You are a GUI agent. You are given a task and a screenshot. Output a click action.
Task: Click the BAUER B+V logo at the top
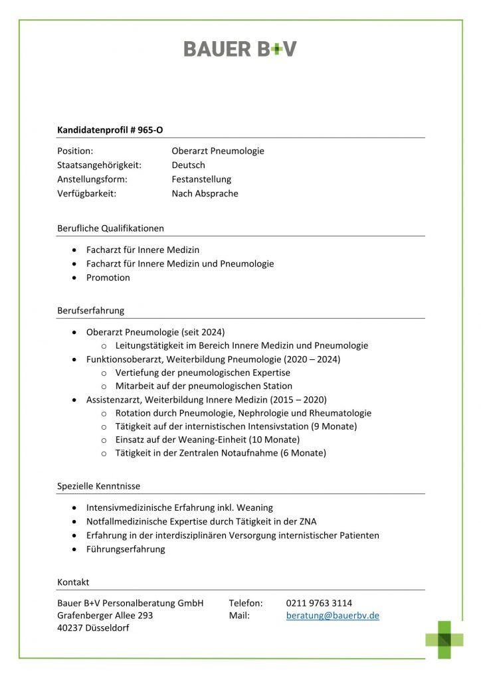(x=240, y=48)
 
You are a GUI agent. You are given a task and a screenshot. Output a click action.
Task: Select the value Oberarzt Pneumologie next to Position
(x=217, y=151)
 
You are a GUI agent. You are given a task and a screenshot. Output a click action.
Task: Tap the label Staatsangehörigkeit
(x=99, y=165)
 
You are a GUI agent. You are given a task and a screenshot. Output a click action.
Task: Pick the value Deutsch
(x=188, y=165)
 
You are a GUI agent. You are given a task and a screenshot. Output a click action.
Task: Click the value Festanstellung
(x=201, y=179)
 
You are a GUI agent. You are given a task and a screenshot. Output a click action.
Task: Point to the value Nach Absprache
(x=205, y=193)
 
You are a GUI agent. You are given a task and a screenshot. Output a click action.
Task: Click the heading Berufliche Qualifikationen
(x=110, y=228)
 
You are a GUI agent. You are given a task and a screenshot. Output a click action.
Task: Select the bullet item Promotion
(x=108, y=278)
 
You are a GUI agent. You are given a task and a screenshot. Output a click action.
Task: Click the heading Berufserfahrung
(x=90, y=310)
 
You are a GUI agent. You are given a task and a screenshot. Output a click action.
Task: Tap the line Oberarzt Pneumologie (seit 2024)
(x=155, y=331)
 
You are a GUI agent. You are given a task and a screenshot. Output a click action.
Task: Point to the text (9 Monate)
(x=332, y=426)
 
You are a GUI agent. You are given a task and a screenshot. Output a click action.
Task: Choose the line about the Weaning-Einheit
(x=207, y=440)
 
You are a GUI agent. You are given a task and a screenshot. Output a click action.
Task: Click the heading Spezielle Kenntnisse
(x=98, y=485)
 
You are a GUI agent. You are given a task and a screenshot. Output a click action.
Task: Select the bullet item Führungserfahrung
(x=126, y=549)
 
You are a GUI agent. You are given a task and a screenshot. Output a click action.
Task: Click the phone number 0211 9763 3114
(x=319, y=603)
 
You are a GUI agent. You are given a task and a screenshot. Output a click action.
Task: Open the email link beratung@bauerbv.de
(x=333, y=616)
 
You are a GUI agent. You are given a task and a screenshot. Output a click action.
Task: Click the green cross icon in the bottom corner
(x=444, y=639)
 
